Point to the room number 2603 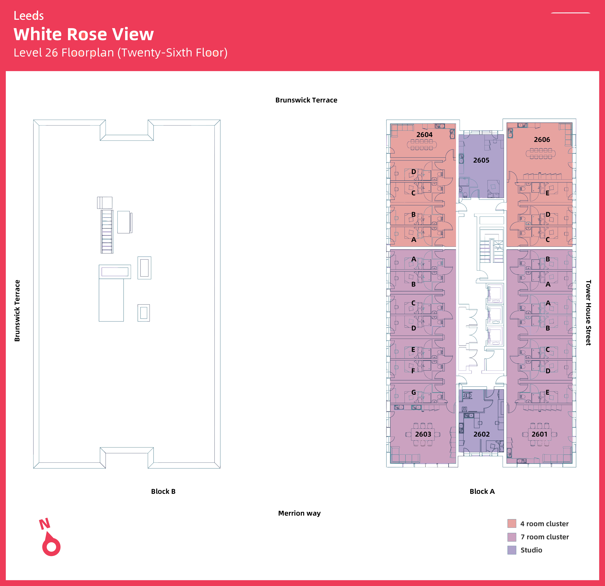(x=423, y=434)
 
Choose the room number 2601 (x=539, y=434)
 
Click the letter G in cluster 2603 (x=414, y=392)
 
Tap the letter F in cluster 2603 (x=413, y=371)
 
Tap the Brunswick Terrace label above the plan (x=306, y=100)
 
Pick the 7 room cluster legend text (x=545, y=537)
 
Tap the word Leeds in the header (x=29, y=16)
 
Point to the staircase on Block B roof (x=107, y=231)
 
